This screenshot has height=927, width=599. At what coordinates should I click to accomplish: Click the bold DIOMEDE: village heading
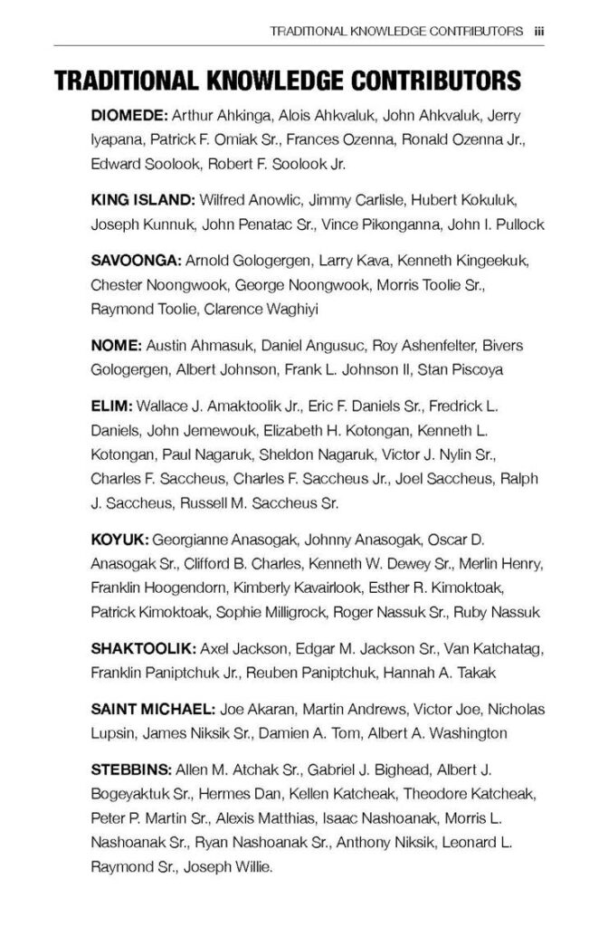pos(128,117)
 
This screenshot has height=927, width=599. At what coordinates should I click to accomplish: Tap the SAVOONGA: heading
pos(136,262)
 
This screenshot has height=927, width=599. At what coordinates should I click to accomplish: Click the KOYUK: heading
pos(115,540)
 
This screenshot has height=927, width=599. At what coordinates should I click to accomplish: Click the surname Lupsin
pos(114,733)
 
